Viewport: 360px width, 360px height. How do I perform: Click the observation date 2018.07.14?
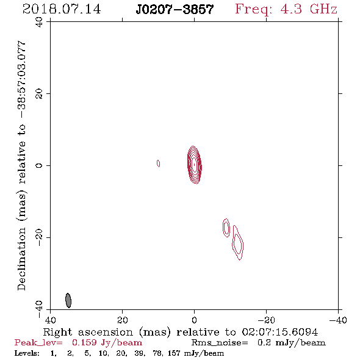coord(62,9)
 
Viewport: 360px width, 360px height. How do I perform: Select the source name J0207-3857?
coord(175,9)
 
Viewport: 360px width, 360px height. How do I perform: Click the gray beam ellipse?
coord(68,300)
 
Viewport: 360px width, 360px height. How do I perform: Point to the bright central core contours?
coord(195,165)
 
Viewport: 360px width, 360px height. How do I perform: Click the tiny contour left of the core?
coord(158,164)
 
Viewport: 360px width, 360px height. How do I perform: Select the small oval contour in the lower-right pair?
coord(226,228)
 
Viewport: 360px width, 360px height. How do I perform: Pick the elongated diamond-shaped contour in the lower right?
coord(237,243)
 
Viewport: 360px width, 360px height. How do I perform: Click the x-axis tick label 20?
coord(123,320)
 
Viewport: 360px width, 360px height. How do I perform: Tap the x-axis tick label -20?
coord(266,320)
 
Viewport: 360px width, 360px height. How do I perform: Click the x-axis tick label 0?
coord(195,320)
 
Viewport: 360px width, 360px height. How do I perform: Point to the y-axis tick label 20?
coord(39,94)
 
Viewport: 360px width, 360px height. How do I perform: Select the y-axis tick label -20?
coord(39,237)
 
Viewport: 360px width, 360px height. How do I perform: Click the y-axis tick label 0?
coord(39,165)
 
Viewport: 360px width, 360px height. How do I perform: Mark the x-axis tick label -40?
coord(338,320)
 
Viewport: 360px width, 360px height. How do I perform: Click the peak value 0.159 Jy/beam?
coord(107,342)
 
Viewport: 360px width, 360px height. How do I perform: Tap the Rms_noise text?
coord(220,343)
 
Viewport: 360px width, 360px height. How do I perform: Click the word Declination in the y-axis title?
coord(21,259)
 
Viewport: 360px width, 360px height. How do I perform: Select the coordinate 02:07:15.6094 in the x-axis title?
coord(280,332)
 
